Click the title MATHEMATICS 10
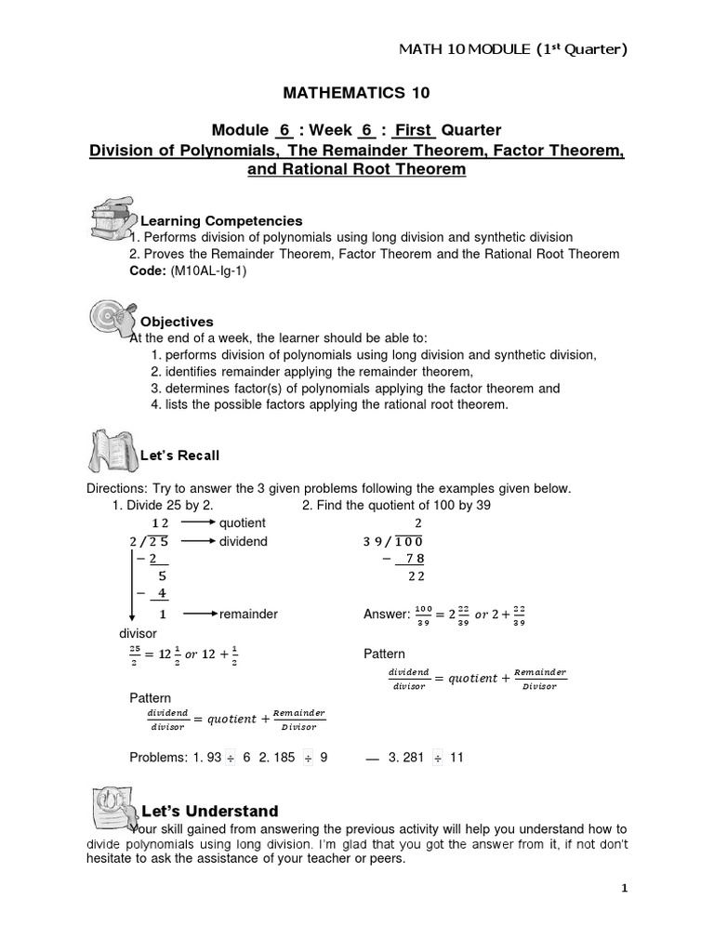pos(356,93)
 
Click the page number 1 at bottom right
pos(625,888)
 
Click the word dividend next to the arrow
pos(243,541)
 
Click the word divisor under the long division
pos(139,633)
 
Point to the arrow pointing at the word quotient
pos(196,523)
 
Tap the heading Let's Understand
pos(209,811)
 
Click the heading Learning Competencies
pos(221,221)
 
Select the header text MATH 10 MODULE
pos(472,48)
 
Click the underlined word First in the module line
pos(415,130)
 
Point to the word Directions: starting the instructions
pos(116,488)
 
